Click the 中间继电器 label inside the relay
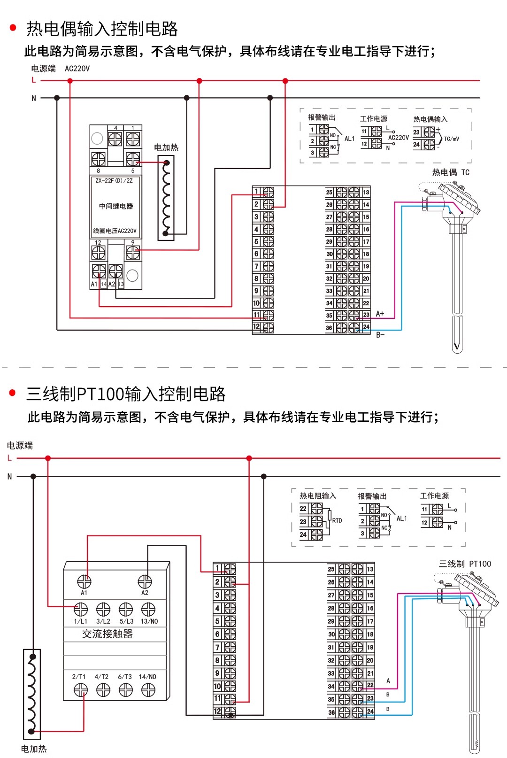[116, 206]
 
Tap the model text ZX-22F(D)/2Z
[114, 181]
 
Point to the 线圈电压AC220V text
[115, 231]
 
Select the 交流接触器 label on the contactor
[108, 634]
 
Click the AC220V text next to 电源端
[77, 69]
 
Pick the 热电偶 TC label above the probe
[451, 172]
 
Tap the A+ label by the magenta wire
[380, 314]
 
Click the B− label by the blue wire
[381, 335]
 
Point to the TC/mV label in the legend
[452, 139]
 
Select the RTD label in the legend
[337, 520]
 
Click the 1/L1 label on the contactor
[80, 621]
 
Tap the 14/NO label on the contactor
[147, 677]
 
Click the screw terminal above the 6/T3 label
[125, 689]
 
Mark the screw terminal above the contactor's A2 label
[145, 582]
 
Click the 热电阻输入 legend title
[318, 496]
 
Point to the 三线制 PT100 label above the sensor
[465, 564]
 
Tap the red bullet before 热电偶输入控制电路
[13, 28]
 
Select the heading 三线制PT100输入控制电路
[126, 394]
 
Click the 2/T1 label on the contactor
[79, 677]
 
